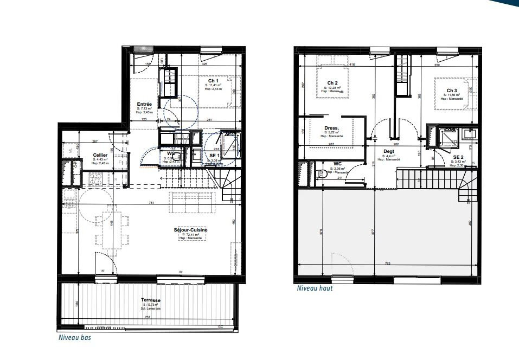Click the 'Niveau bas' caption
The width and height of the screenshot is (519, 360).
(x=74, y=337)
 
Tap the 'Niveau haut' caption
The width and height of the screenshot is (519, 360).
(x=315, y=288)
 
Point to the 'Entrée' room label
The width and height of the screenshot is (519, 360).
(x=144, y=104)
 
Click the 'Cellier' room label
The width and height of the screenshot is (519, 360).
(x=99, y=155)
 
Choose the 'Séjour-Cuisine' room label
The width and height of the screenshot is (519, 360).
(x=176, y=230)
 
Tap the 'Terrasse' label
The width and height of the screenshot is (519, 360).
(x=151, y=300)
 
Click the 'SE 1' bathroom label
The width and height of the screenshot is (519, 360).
(x=215, y=155)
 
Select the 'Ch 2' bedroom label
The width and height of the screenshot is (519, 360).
(x=332, y=83)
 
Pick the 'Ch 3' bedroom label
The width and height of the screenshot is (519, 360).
(x=452, y=91)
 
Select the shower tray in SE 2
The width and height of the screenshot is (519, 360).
(x=448, y=137)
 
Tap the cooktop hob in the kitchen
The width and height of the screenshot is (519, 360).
(x=95, y=177)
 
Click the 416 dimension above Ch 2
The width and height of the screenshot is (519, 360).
(x=352, y=65)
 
